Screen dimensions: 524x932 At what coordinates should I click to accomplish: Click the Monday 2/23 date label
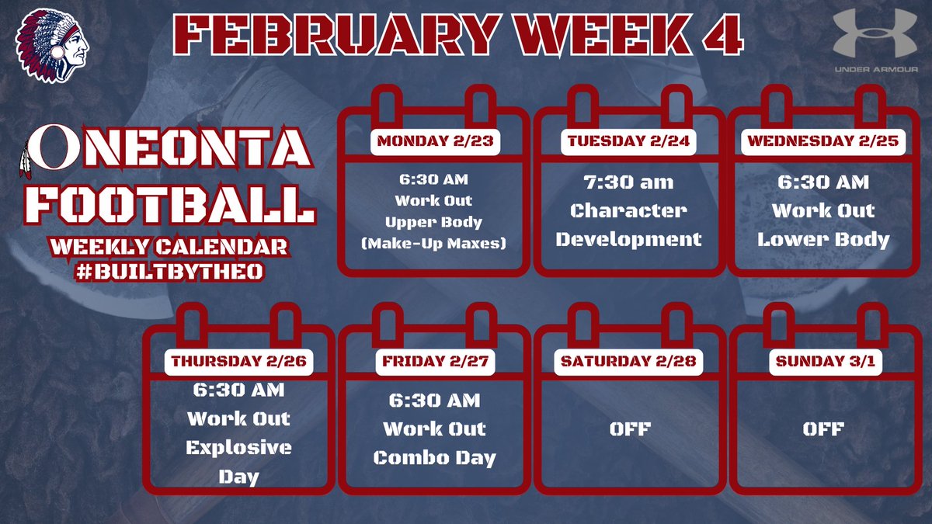[x=434, y=141]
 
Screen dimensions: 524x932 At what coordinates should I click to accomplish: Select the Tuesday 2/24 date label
[x=629, y=141]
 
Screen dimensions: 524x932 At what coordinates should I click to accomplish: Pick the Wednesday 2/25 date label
[x=823, y=141]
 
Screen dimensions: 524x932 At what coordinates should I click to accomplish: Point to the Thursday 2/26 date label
[x=238, y=361]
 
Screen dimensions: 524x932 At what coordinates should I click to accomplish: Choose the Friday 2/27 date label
[x=434, y=361]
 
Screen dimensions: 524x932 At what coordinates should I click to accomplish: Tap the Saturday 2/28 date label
[x=629, y=361]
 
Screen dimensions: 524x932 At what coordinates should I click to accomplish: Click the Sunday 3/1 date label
[x=824, y=361]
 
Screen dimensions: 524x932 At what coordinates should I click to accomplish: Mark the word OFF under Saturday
[x=629, y=429]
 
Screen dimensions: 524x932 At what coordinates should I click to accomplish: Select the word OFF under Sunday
[x=824, y=429]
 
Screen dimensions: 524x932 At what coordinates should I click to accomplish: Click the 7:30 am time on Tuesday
[x=629, y=183]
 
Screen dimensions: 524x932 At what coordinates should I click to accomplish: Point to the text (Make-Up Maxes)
[x=434, y=243]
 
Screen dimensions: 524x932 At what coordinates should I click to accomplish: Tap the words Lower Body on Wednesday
[x=824, y=238]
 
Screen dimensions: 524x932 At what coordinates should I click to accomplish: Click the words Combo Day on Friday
[x=434, y=457]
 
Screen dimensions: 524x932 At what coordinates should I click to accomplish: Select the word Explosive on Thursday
[x=239, y=448]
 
